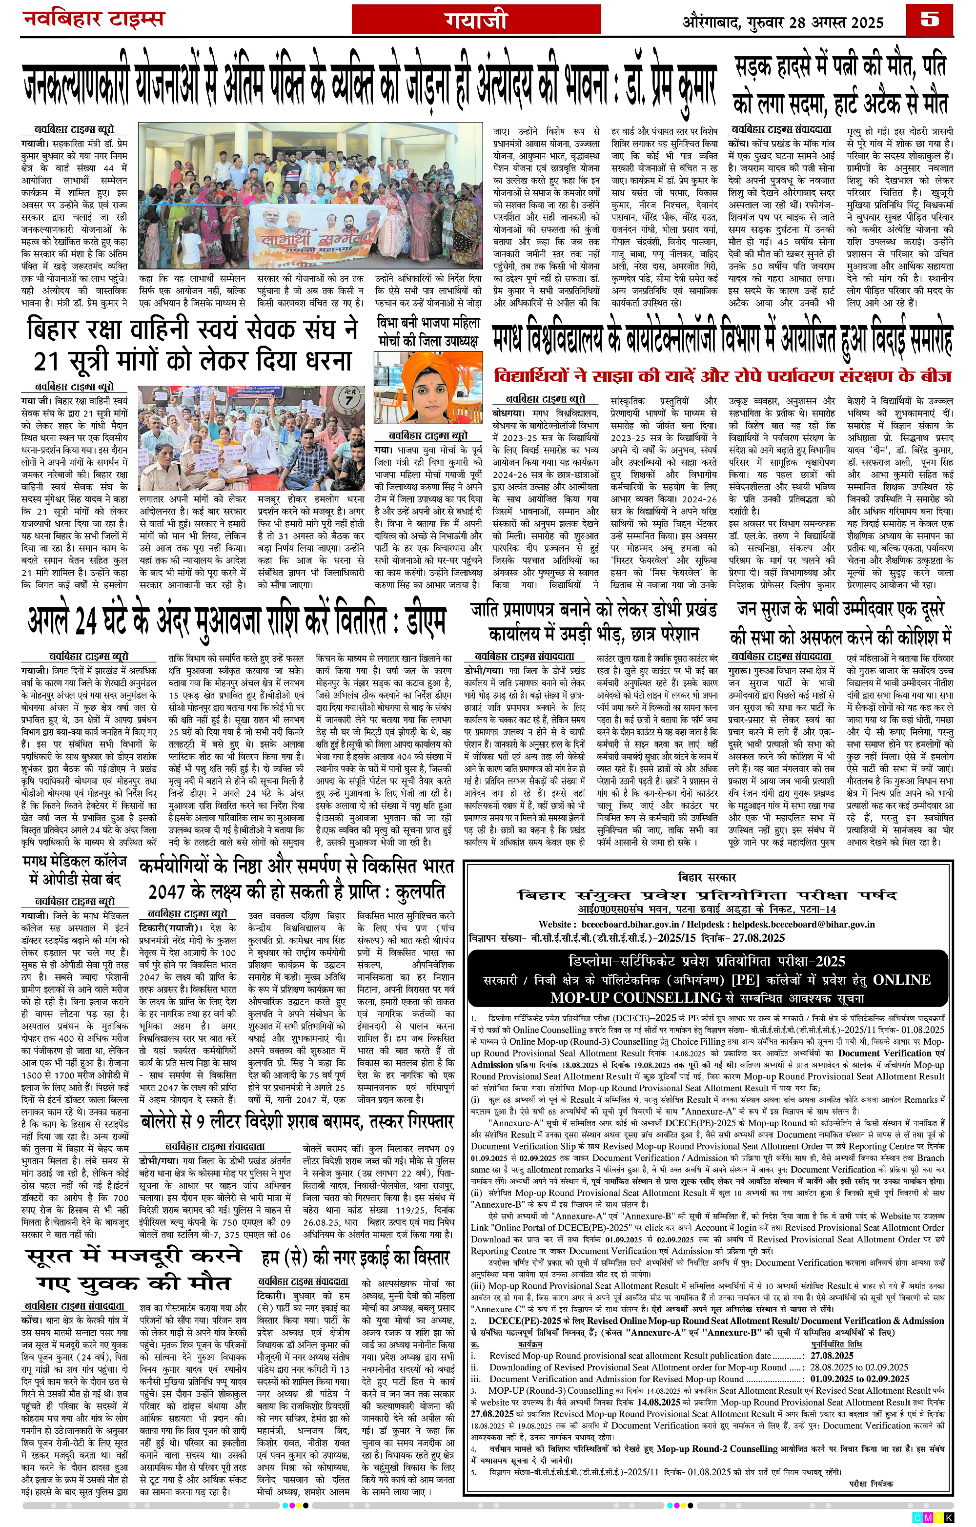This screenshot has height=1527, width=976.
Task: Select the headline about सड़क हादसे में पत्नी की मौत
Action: (x=841, y=84)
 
